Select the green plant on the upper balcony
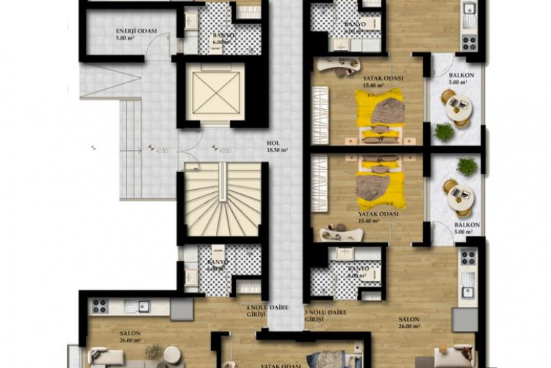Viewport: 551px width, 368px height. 444,131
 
